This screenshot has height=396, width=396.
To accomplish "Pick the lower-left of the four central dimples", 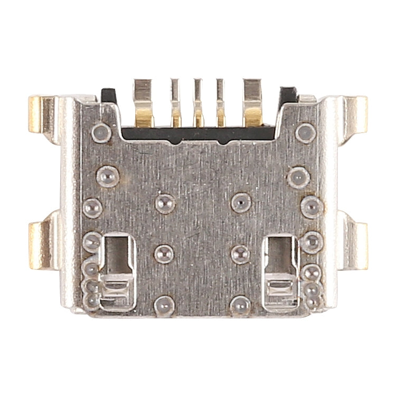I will pos(164,253).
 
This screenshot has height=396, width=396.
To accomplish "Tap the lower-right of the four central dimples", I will pos(240,253).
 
